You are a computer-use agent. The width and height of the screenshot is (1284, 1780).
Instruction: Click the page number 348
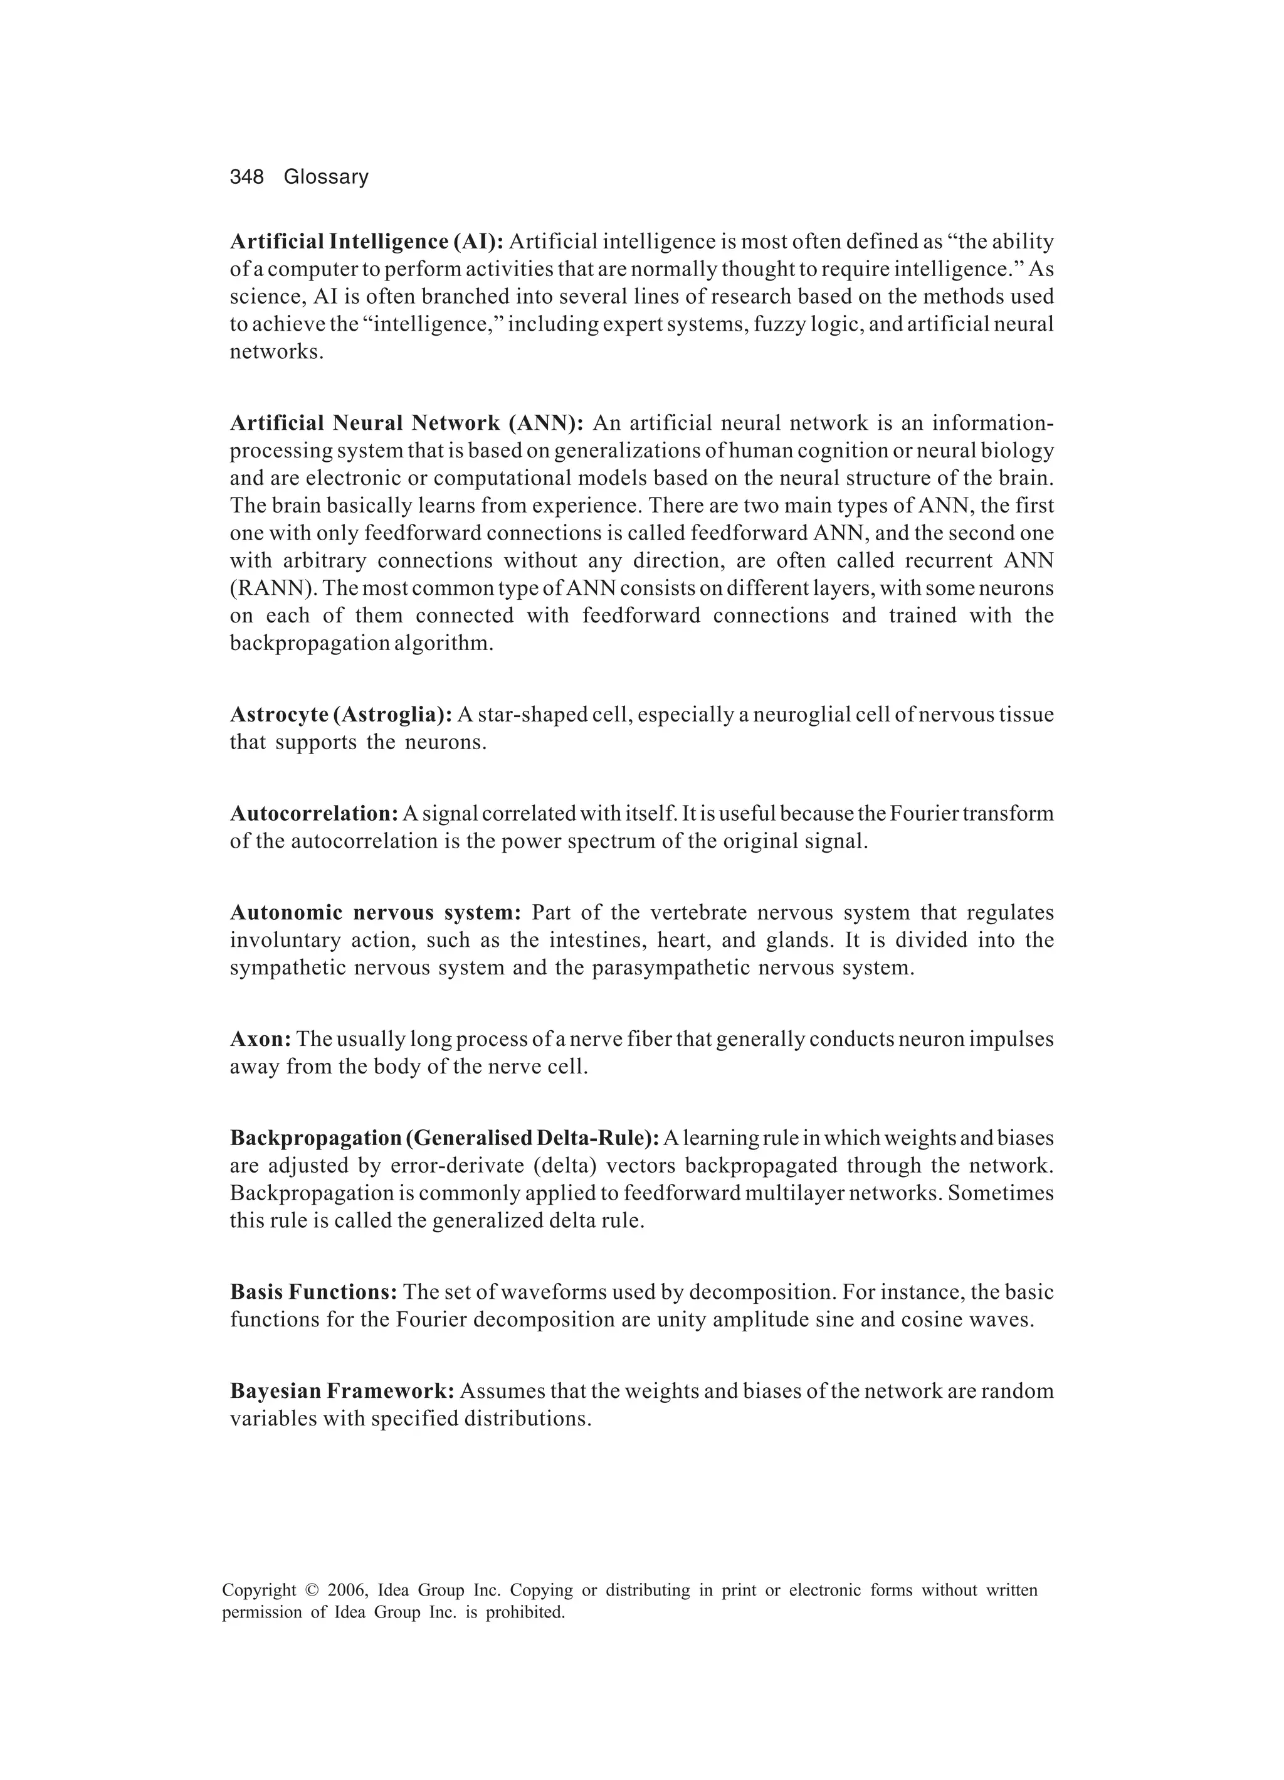pos(246,178)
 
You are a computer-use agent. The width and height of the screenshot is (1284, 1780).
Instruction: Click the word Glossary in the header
pos(325,178)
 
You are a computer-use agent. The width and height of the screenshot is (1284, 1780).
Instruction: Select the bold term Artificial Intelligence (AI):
pos(366,242)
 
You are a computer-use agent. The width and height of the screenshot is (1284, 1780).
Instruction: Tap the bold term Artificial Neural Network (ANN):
pos(406,424)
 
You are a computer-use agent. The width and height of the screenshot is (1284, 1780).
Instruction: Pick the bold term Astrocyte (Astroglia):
pos(340,715)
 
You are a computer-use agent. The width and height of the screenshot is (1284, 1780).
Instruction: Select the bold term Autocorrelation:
pos(313,814)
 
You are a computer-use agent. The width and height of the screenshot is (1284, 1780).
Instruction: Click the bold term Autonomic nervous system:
pos(376,913)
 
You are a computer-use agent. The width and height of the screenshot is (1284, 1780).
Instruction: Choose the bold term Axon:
pos(260,1040)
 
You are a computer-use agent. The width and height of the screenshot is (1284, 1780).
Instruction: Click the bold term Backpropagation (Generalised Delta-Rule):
pos(444,1139)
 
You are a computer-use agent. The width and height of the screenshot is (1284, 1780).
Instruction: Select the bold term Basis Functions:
pos(313,1292)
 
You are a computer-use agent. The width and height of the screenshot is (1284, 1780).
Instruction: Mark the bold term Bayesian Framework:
pos(342,1392)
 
